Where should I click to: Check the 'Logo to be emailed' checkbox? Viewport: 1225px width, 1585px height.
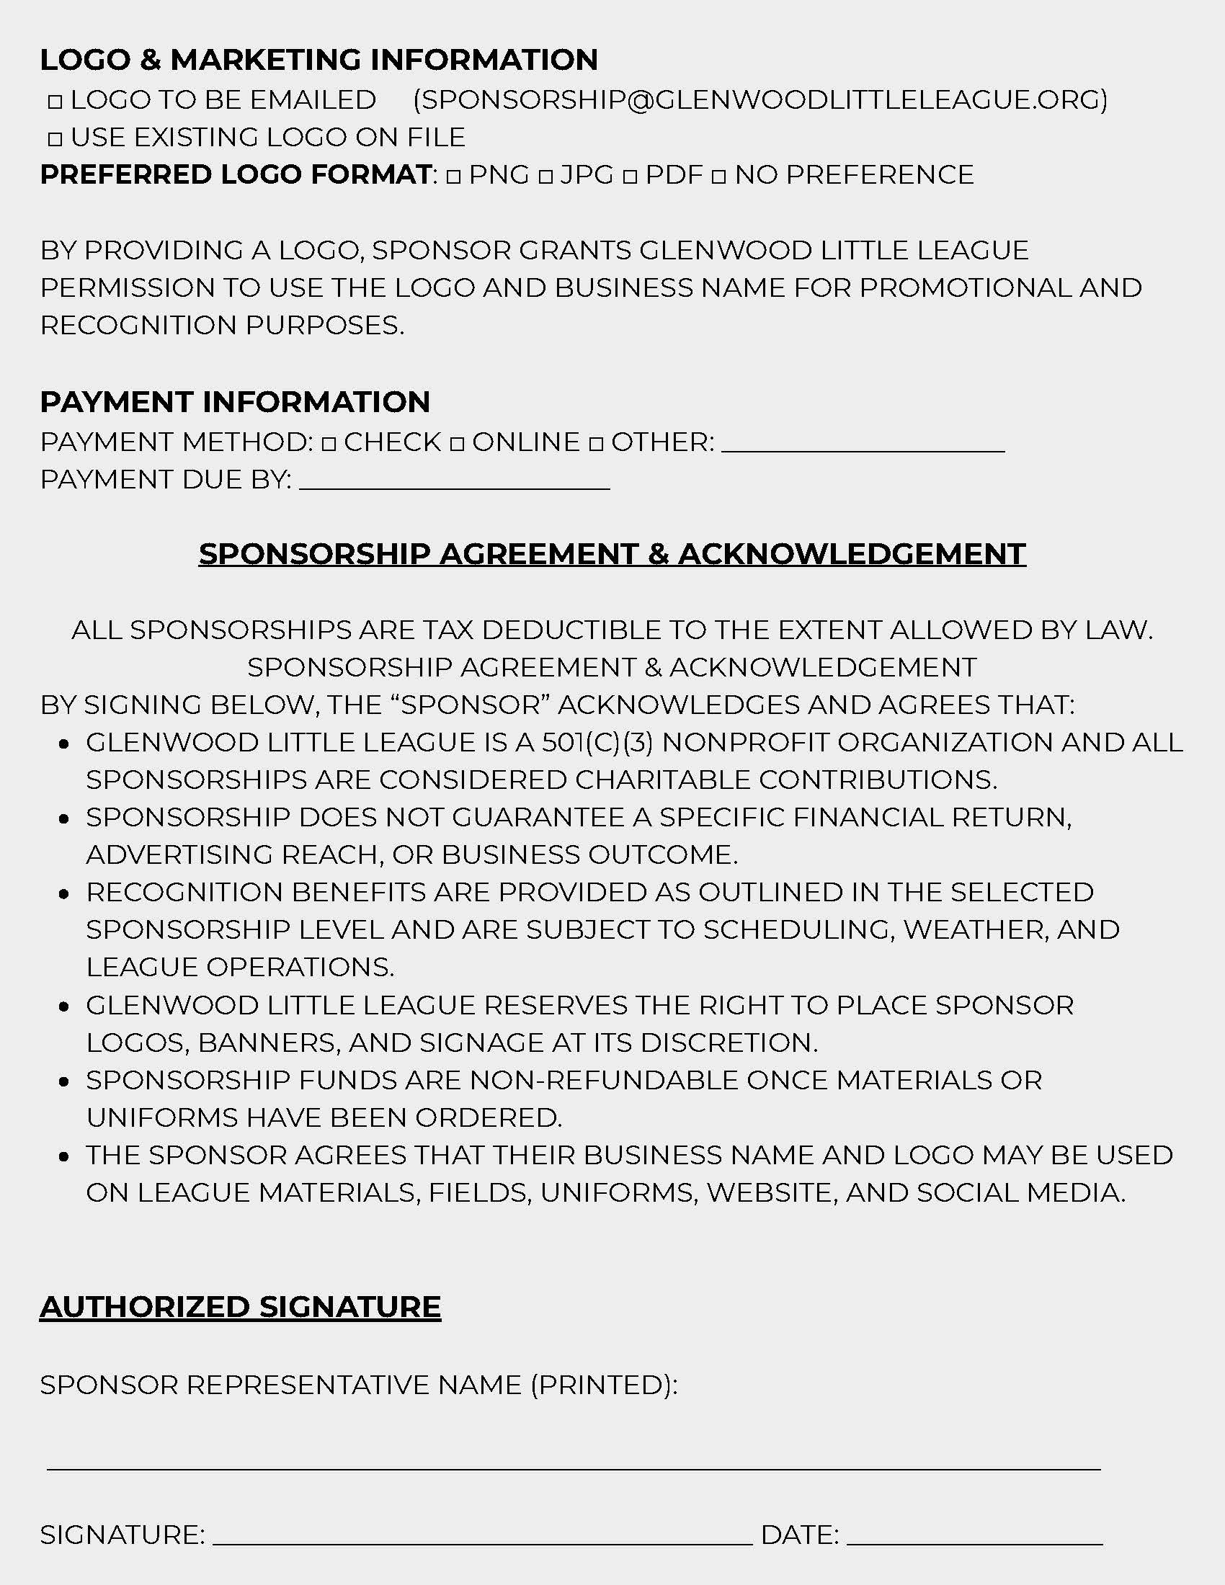(x=55, y=102)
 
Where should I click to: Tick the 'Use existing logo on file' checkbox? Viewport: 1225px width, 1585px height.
(x=55, y=139)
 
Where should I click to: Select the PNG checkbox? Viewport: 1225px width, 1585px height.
(x=453, y=177)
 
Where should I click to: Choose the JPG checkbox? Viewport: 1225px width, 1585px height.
(x=545, y=177)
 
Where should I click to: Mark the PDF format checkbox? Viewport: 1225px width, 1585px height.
(x=630, y=177)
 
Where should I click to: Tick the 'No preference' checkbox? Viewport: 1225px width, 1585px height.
(x=718, y=177)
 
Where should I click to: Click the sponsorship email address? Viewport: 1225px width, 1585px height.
(x=759, y=99)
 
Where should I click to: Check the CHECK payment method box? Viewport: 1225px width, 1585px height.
(x=329, y=443)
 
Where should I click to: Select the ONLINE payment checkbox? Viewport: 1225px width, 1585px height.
(x=456, y=443)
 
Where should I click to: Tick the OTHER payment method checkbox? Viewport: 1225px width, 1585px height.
(x=596, y=443)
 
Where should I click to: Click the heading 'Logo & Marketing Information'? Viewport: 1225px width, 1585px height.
(x=318, y=60)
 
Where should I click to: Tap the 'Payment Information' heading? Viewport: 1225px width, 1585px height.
(x=235, y=402)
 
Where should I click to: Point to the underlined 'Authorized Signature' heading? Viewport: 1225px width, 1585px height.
(x=240, y=1307)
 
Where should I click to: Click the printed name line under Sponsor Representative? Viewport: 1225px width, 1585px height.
(x=574, y=1469)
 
